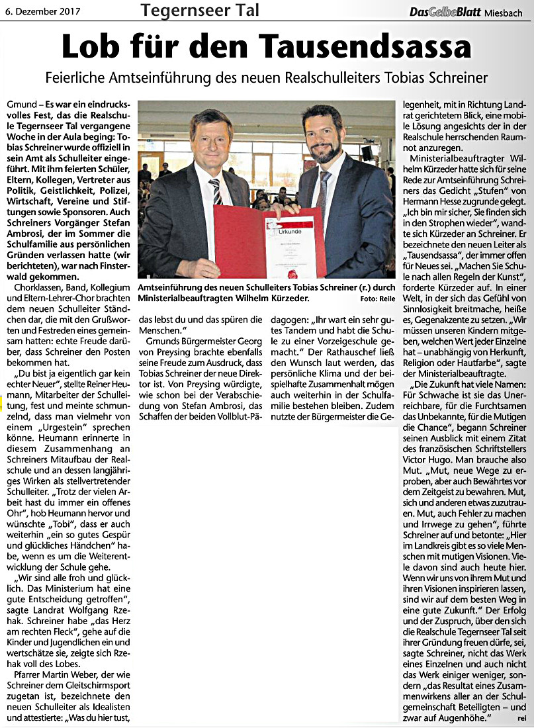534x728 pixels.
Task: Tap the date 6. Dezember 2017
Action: [x=41, y=11]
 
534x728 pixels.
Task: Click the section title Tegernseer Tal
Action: [x=200, y=11]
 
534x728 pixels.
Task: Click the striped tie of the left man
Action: [x=215, y=191]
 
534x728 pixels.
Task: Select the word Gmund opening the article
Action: [x=20, y=106]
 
